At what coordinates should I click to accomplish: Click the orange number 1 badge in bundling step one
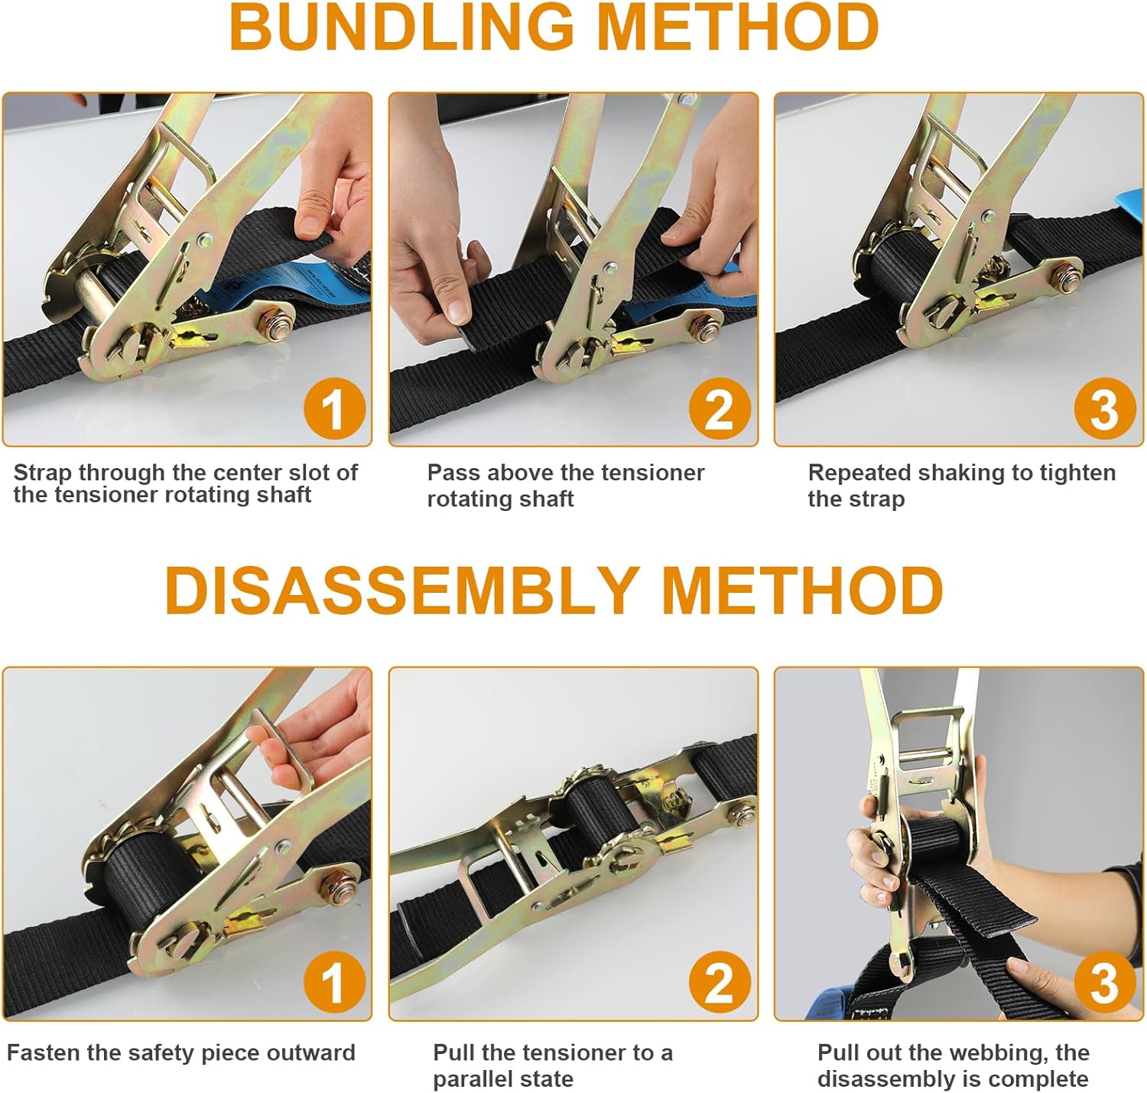334,408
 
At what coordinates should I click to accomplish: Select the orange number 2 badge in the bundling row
720,408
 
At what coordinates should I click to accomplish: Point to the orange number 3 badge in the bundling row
1104,408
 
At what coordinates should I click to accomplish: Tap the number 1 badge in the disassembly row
334,982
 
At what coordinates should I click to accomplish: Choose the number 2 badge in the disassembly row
720,982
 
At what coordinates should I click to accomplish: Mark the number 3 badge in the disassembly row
1104,982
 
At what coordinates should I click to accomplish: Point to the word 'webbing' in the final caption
1002,1053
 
